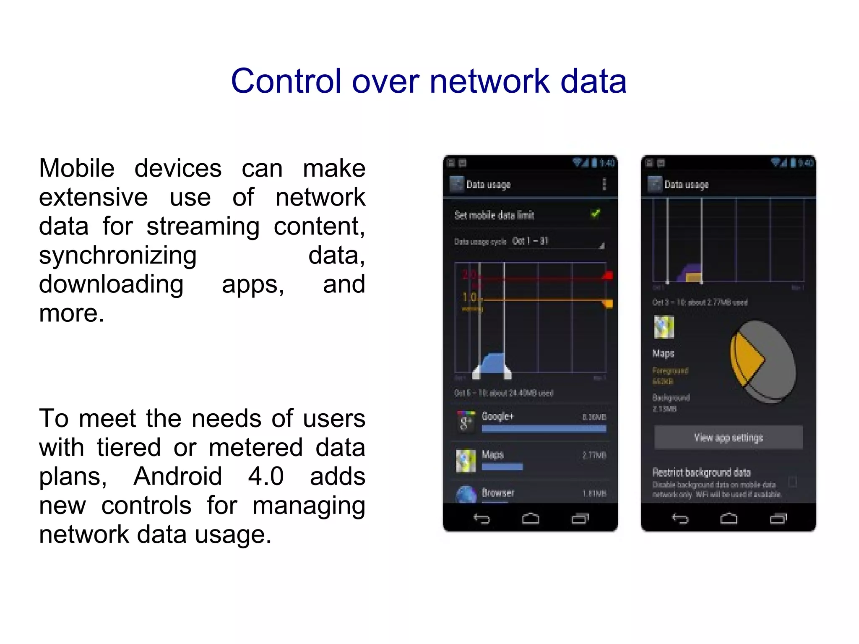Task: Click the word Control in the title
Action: pyautogui.click(x=286, y=81)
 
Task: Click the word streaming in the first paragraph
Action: pyautogui.click(x=203, y=227)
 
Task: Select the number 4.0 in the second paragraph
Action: pyautogui.click(x=266, y=477)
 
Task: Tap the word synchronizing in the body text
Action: pyautogui.click(x=118, y=256)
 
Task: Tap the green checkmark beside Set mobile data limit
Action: pyautogui.click(x=596, y=214)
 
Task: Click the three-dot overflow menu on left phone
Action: pyautogui.click(x=604, y=184)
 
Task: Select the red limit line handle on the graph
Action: pyautogui.click(x=608, y=276)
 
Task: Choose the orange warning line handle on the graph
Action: pyautogui.click(x=608, y=303)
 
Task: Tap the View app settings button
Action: pyautogui.click(x=728, y=438)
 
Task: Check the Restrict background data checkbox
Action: pyautogui.click(x=792, y=482)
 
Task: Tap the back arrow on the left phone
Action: pyautogui.click(x=482, y=519)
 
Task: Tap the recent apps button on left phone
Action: pyautogui.click(x=580, y=519)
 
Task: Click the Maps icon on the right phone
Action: pyautogui.click(x=664, y=327)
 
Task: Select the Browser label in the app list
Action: pyautogui.click(x=498, y=493)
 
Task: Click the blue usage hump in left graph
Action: pyautogui.click(x=492, y=363)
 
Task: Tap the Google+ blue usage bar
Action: pyautogui.click(x=544, y=429)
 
